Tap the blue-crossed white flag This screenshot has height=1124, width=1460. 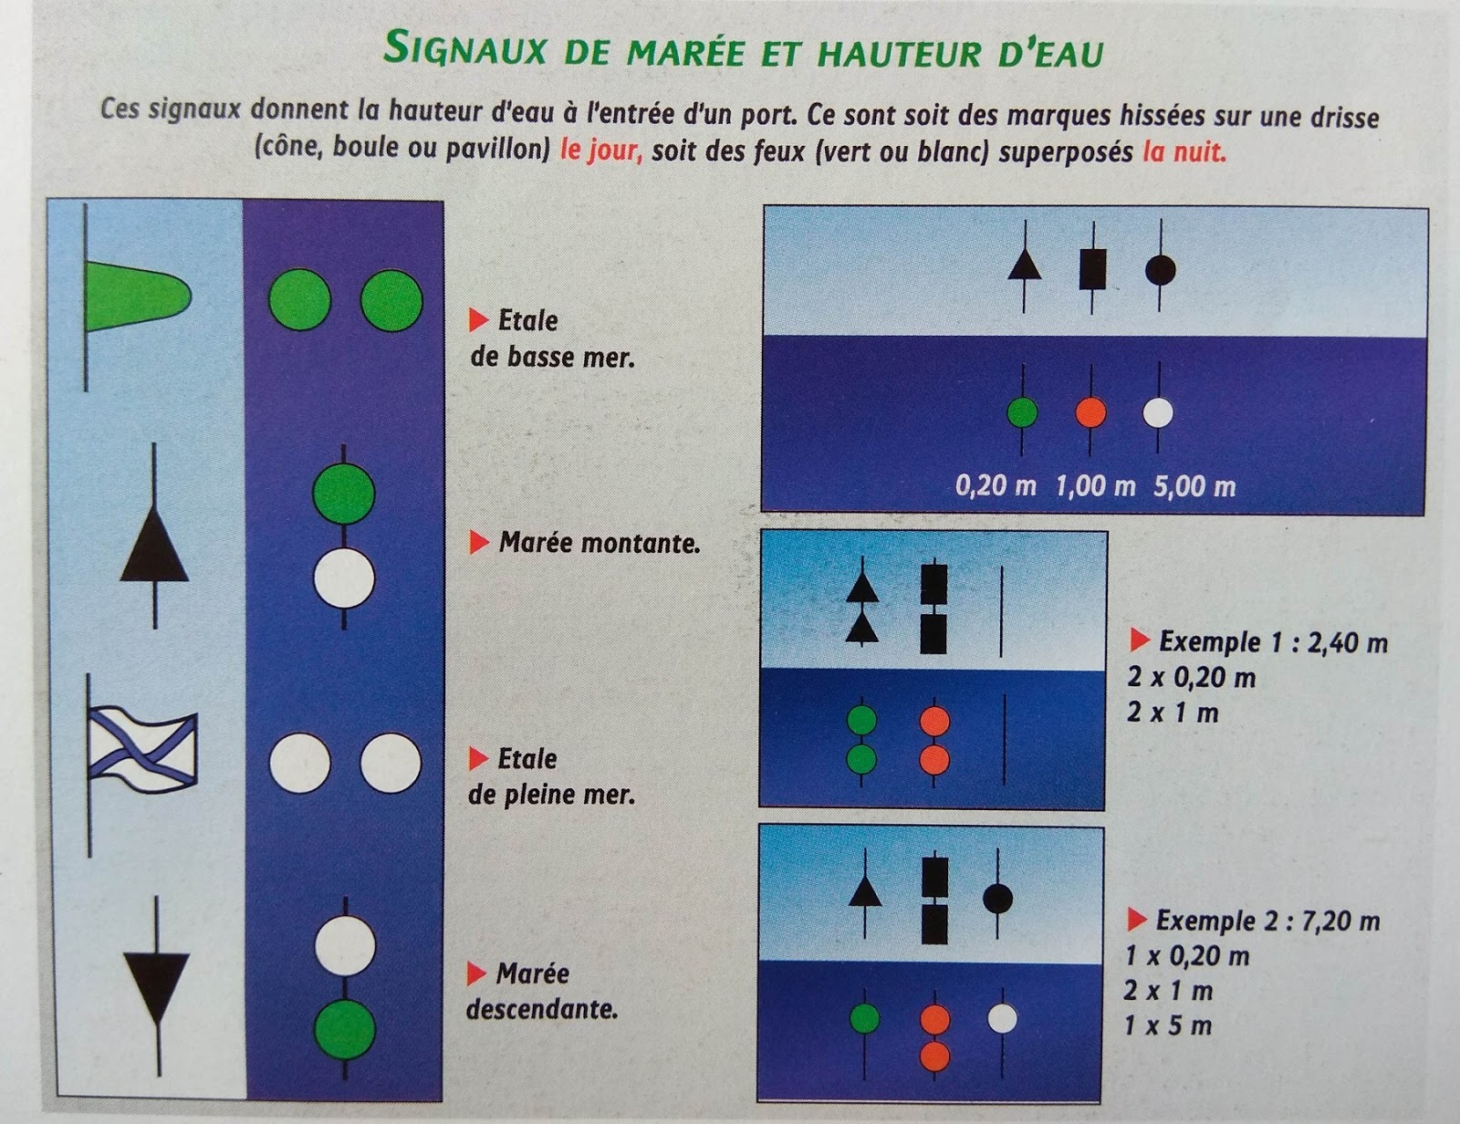143,751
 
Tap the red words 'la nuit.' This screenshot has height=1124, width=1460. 1184,153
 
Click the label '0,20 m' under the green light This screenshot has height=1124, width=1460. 996,485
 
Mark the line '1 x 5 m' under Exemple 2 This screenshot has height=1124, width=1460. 1168,1026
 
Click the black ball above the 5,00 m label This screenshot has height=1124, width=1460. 1161,270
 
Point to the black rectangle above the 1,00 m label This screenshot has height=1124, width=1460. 1093,269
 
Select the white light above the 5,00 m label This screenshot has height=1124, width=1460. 1158,413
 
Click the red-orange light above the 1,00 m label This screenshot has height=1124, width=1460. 1090,412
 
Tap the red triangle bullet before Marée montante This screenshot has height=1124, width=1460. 478,542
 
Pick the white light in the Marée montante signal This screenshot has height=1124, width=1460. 344,578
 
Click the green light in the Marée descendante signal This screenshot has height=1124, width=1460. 345,1031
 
